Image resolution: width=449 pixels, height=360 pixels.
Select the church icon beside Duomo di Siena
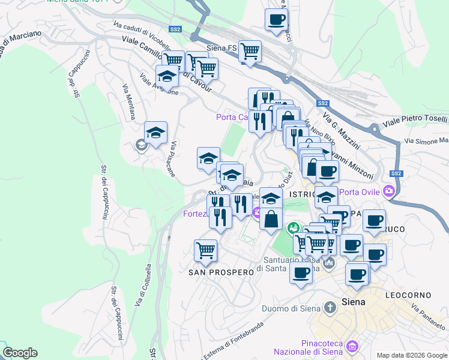(329, 308)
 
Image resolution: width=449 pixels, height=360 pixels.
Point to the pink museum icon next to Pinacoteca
(352, 346)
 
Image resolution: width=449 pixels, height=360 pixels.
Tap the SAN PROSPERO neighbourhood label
(221, 272)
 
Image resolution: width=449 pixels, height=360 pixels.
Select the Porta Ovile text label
(361, 192)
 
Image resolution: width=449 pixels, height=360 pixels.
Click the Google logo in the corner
(20, 352)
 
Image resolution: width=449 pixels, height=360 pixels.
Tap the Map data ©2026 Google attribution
(411, 355)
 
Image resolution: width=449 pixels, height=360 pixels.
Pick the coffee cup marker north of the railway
(276, 19)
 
